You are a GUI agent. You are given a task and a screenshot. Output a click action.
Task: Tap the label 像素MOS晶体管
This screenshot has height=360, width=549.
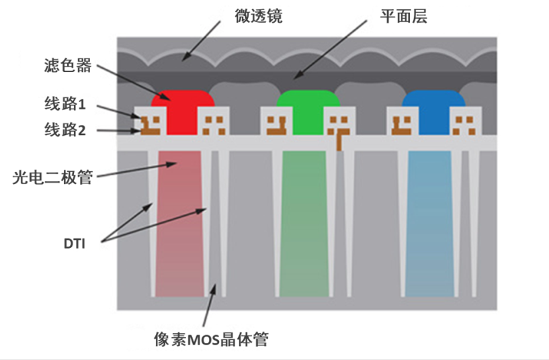click(x=210, y=340)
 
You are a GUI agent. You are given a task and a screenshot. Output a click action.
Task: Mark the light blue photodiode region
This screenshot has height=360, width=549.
click(x=430, y=222)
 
